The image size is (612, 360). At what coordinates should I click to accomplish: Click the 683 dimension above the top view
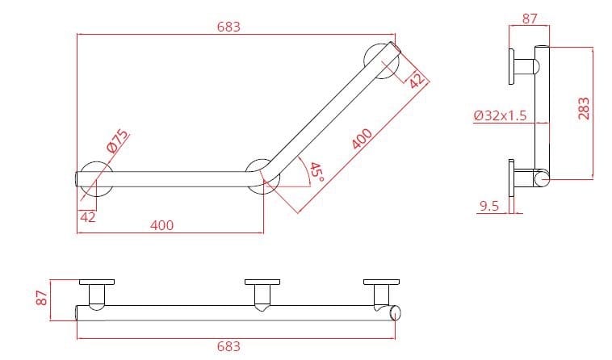(x=228, y=27)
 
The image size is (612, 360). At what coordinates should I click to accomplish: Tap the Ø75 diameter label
(x=118, y=142)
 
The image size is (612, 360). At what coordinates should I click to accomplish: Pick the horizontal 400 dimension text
(x=162, y=225)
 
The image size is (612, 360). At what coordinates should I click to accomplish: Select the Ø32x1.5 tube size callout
(x=500, y=115)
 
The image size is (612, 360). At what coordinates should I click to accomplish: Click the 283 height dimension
(x=585, y=108)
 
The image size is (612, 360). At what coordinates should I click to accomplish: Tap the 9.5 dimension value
(x=488, y=207)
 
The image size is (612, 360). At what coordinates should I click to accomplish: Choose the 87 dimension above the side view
(x=530, y=18)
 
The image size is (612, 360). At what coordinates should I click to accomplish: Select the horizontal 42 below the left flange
(x=87, y=216)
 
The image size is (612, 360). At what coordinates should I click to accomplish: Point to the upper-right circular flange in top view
(x=380, y=62)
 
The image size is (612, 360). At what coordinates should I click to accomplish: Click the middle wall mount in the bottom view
(x=261, y=291)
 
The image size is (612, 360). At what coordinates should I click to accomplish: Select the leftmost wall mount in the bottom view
(x=96, y=291)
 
